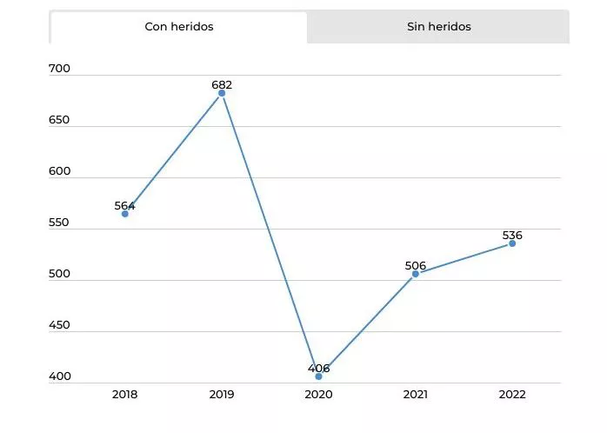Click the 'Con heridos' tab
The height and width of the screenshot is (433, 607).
coord(178,27)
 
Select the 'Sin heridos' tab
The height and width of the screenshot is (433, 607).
coord(438,27)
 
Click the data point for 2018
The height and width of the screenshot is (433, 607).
coord(125,213)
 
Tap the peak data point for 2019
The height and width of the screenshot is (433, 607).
coord(222,93)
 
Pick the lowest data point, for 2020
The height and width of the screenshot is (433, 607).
coord(318,376)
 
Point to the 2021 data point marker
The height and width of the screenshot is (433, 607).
coord(416,274)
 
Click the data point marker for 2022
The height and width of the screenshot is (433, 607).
coord(512,243)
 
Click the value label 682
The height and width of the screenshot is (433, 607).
coord(222,85)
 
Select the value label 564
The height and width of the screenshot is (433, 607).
coord(125,206)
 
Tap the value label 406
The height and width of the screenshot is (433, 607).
coord(319,369)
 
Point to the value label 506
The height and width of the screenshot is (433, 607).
coord(416,266)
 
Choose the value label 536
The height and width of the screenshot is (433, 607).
coord(512,236)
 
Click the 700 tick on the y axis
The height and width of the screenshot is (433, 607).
coord(59,69)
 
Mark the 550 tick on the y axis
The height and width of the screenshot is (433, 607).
coord(59,223)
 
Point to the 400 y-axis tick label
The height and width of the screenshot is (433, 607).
coord(59,376)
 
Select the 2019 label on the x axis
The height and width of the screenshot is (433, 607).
coord(222,395)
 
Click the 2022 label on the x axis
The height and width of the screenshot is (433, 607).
coord(512,395)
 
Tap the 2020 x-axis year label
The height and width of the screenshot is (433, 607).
coord(318,395)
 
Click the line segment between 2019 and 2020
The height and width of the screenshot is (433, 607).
coord(270,235)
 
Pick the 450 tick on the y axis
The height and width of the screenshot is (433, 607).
coord(59,325)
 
